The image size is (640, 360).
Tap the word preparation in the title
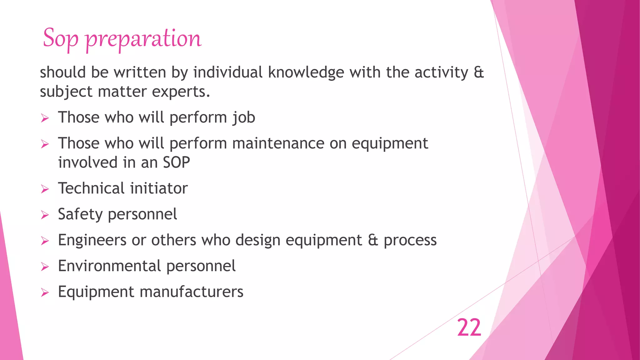143,39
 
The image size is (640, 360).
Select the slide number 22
469,328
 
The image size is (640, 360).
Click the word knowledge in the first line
306,72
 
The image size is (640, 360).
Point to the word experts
181,92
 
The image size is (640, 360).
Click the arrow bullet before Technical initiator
45,189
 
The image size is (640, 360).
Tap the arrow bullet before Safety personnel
45,215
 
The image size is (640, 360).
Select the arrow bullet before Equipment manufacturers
45,292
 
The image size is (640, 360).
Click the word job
244,118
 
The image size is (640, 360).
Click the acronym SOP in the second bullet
176,162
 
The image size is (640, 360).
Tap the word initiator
159,188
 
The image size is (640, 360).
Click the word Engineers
92,240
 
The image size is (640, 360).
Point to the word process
410,241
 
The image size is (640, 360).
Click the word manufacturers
191,292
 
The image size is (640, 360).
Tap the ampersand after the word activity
479,72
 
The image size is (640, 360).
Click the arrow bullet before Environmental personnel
45,267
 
